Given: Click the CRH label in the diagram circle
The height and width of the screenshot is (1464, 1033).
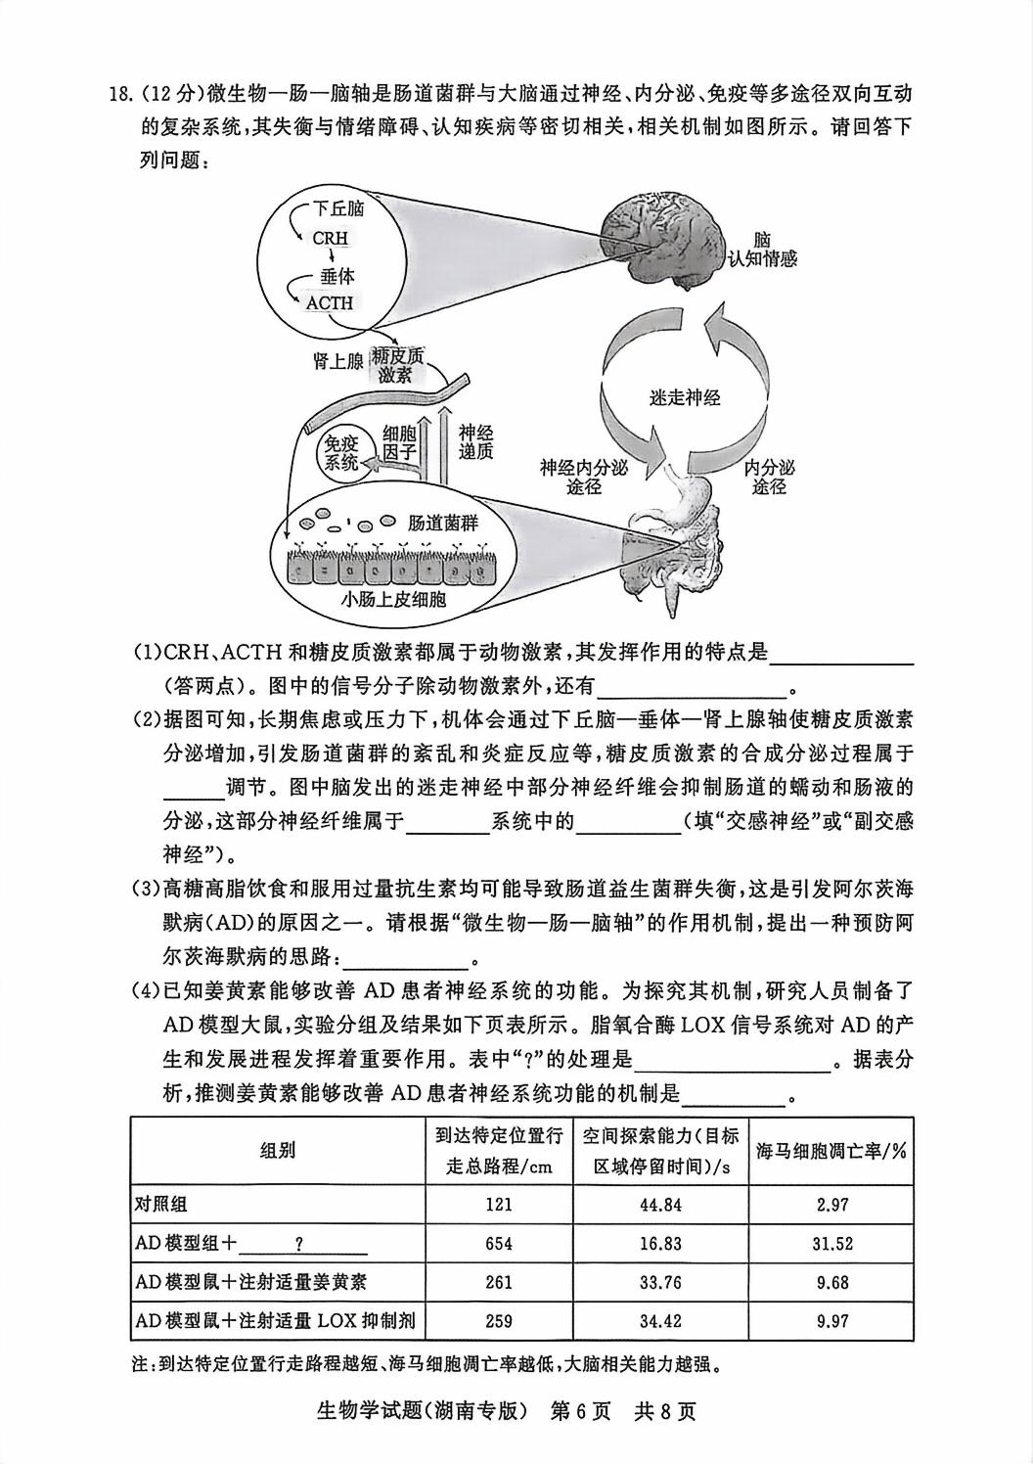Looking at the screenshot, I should click(330, 238).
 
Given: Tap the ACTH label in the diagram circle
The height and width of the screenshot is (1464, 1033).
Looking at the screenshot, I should click(330, 302).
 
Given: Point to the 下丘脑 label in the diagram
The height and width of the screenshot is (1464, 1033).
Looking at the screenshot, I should click(338, 208).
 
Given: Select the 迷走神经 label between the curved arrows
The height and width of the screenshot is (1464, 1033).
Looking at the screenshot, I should click(685, 397).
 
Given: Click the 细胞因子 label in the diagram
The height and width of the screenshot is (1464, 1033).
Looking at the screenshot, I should click(400, 442).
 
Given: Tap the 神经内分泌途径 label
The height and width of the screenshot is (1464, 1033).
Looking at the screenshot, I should click(584, 477).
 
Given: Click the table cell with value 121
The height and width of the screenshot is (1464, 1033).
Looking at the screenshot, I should click(499, 1205).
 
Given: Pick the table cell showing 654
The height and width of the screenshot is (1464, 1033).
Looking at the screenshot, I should click(499, 1244).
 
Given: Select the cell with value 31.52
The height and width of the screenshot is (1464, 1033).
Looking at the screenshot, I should click(831, 1244).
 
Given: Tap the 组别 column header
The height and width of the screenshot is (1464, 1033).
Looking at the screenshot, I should click(278, 1150).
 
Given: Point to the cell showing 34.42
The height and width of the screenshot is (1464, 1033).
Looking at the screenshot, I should click(660, 1321).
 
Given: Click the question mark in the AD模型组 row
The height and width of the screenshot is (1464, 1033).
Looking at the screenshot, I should click(298, 1244).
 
